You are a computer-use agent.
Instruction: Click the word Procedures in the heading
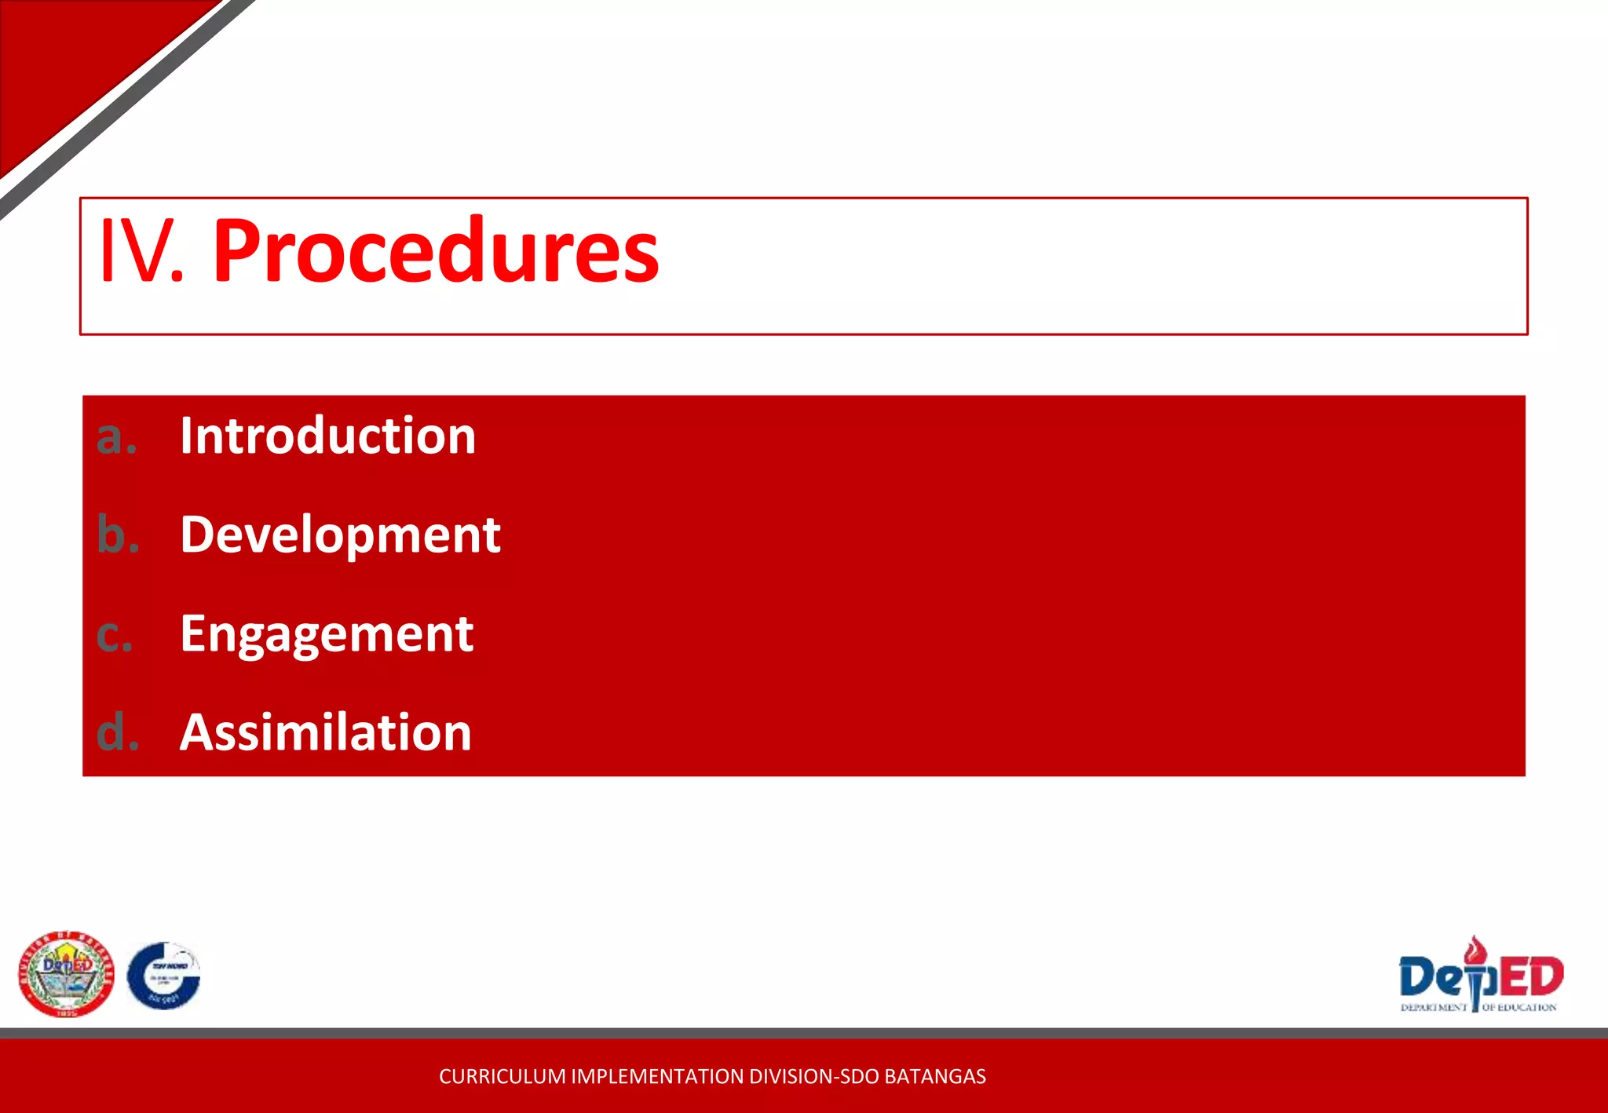(x=436, y=251)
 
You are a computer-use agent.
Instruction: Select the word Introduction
(x=327, y=436)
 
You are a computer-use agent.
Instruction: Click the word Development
(x=340, y=535)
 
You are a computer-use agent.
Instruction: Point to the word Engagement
(x=327, y=634)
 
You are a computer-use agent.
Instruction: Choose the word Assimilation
(x=325, y=732)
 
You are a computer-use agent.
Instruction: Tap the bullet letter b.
(x=118, y=535)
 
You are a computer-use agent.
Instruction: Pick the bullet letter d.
(x=118, y=732)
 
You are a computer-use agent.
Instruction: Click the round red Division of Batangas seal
(x=66, y=974)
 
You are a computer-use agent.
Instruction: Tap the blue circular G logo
(x=163, y=976)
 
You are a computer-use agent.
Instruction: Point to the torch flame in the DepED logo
(x=1477, y=950)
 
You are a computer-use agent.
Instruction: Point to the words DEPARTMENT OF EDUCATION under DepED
(x=1478, y=1007)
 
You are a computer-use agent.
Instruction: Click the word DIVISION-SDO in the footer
(x=815, y=1076)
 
